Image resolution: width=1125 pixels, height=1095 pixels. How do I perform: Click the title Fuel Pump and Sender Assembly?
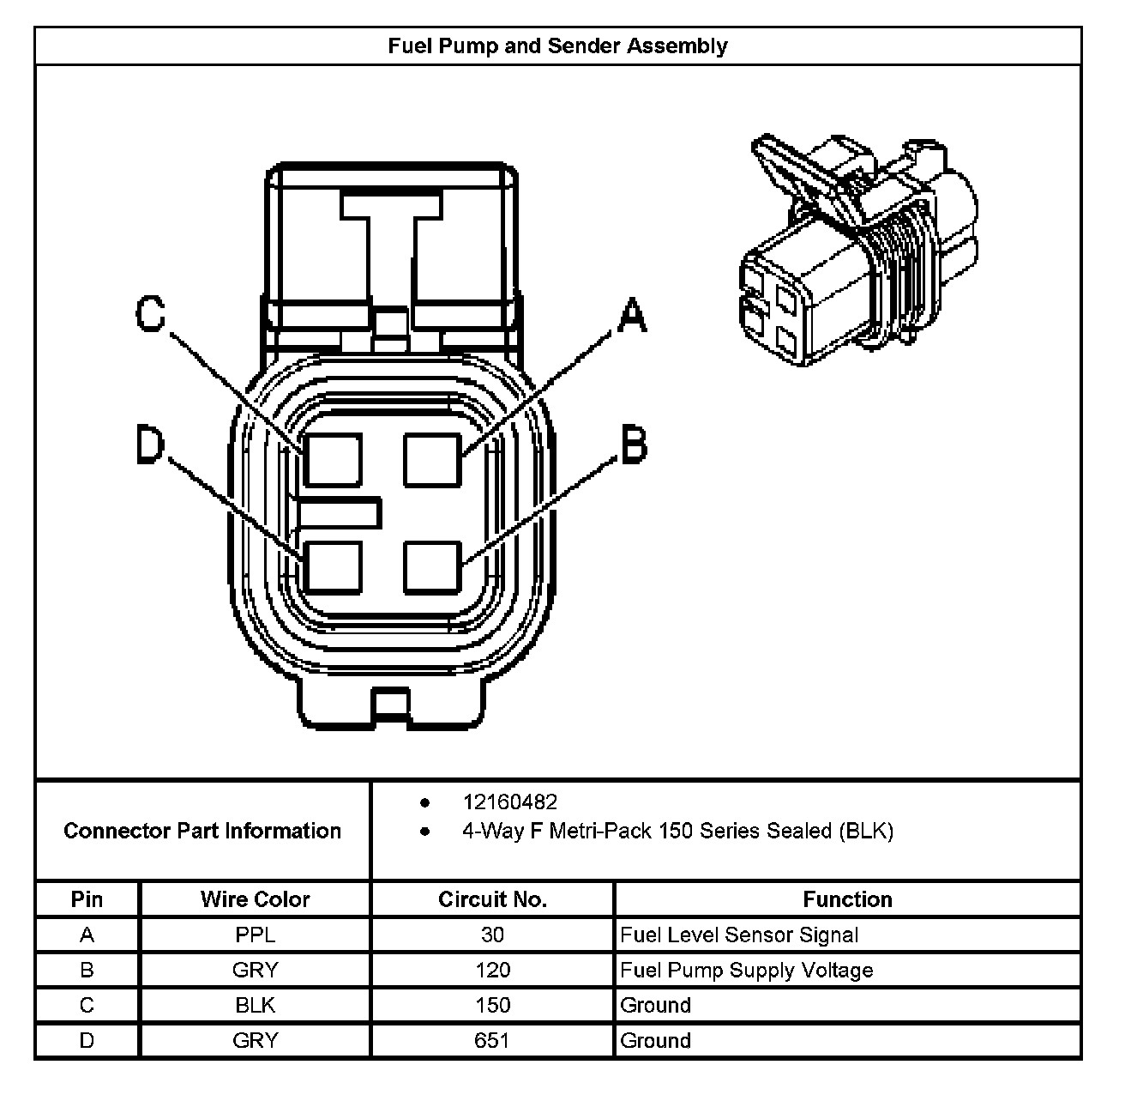point(557,45)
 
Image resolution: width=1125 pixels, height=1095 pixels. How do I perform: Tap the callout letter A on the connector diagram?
point(632,316)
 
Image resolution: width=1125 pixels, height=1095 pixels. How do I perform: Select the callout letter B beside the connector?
point(633,446)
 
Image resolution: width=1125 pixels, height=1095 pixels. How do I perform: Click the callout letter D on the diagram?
point(150,446)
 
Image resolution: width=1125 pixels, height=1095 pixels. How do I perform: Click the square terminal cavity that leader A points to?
point(433,459)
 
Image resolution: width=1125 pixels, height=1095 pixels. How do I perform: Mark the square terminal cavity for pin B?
point(433,566)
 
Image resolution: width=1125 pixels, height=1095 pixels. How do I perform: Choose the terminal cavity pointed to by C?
point(333,459)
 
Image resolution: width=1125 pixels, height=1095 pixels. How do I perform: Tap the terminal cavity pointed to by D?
point(333,566)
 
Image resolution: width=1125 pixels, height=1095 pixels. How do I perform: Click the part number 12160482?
point(510,802)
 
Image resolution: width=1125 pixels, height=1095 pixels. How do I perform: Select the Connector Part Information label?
point(202,831)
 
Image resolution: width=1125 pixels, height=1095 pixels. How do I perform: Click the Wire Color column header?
point(255,899)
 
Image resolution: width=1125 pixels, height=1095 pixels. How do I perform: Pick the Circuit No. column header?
point(492,899)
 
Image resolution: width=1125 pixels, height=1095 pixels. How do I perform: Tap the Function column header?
point(847,899)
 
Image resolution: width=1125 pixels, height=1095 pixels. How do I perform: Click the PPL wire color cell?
point(255,935)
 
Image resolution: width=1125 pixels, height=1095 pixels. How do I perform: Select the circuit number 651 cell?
point(492,1041)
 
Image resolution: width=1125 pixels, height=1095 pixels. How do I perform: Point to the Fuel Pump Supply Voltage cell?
point(746,971)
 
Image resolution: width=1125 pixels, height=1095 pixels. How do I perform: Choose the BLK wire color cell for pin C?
point(255,1006)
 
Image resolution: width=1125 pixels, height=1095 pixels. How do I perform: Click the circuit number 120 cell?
point(492,971)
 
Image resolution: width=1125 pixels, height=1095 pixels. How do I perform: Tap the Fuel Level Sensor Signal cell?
point(738,935)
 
